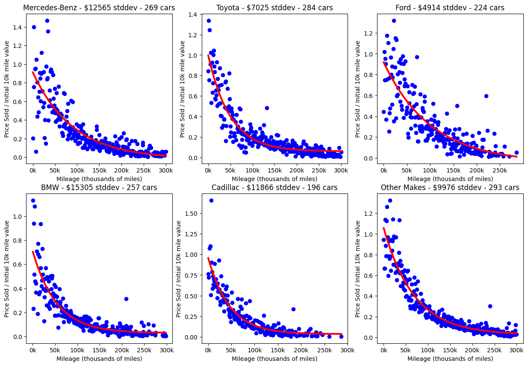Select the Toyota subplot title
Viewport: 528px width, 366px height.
274,8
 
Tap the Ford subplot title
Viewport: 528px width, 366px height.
450,8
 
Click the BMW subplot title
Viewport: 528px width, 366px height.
99,187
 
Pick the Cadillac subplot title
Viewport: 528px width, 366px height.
274,187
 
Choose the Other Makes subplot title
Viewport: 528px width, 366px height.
450,187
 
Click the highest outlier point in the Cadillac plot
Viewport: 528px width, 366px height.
211,200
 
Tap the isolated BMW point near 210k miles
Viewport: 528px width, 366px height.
126,299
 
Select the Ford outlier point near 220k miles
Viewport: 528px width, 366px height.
486,96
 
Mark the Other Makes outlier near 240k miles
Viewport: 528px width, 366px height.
490,306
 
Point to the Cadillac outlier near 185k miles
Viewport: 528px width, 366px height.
293,309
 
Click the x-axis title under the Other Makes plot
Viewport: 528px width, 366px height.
450,359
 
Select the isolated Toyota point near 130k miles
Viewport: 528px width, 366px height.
267,108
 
